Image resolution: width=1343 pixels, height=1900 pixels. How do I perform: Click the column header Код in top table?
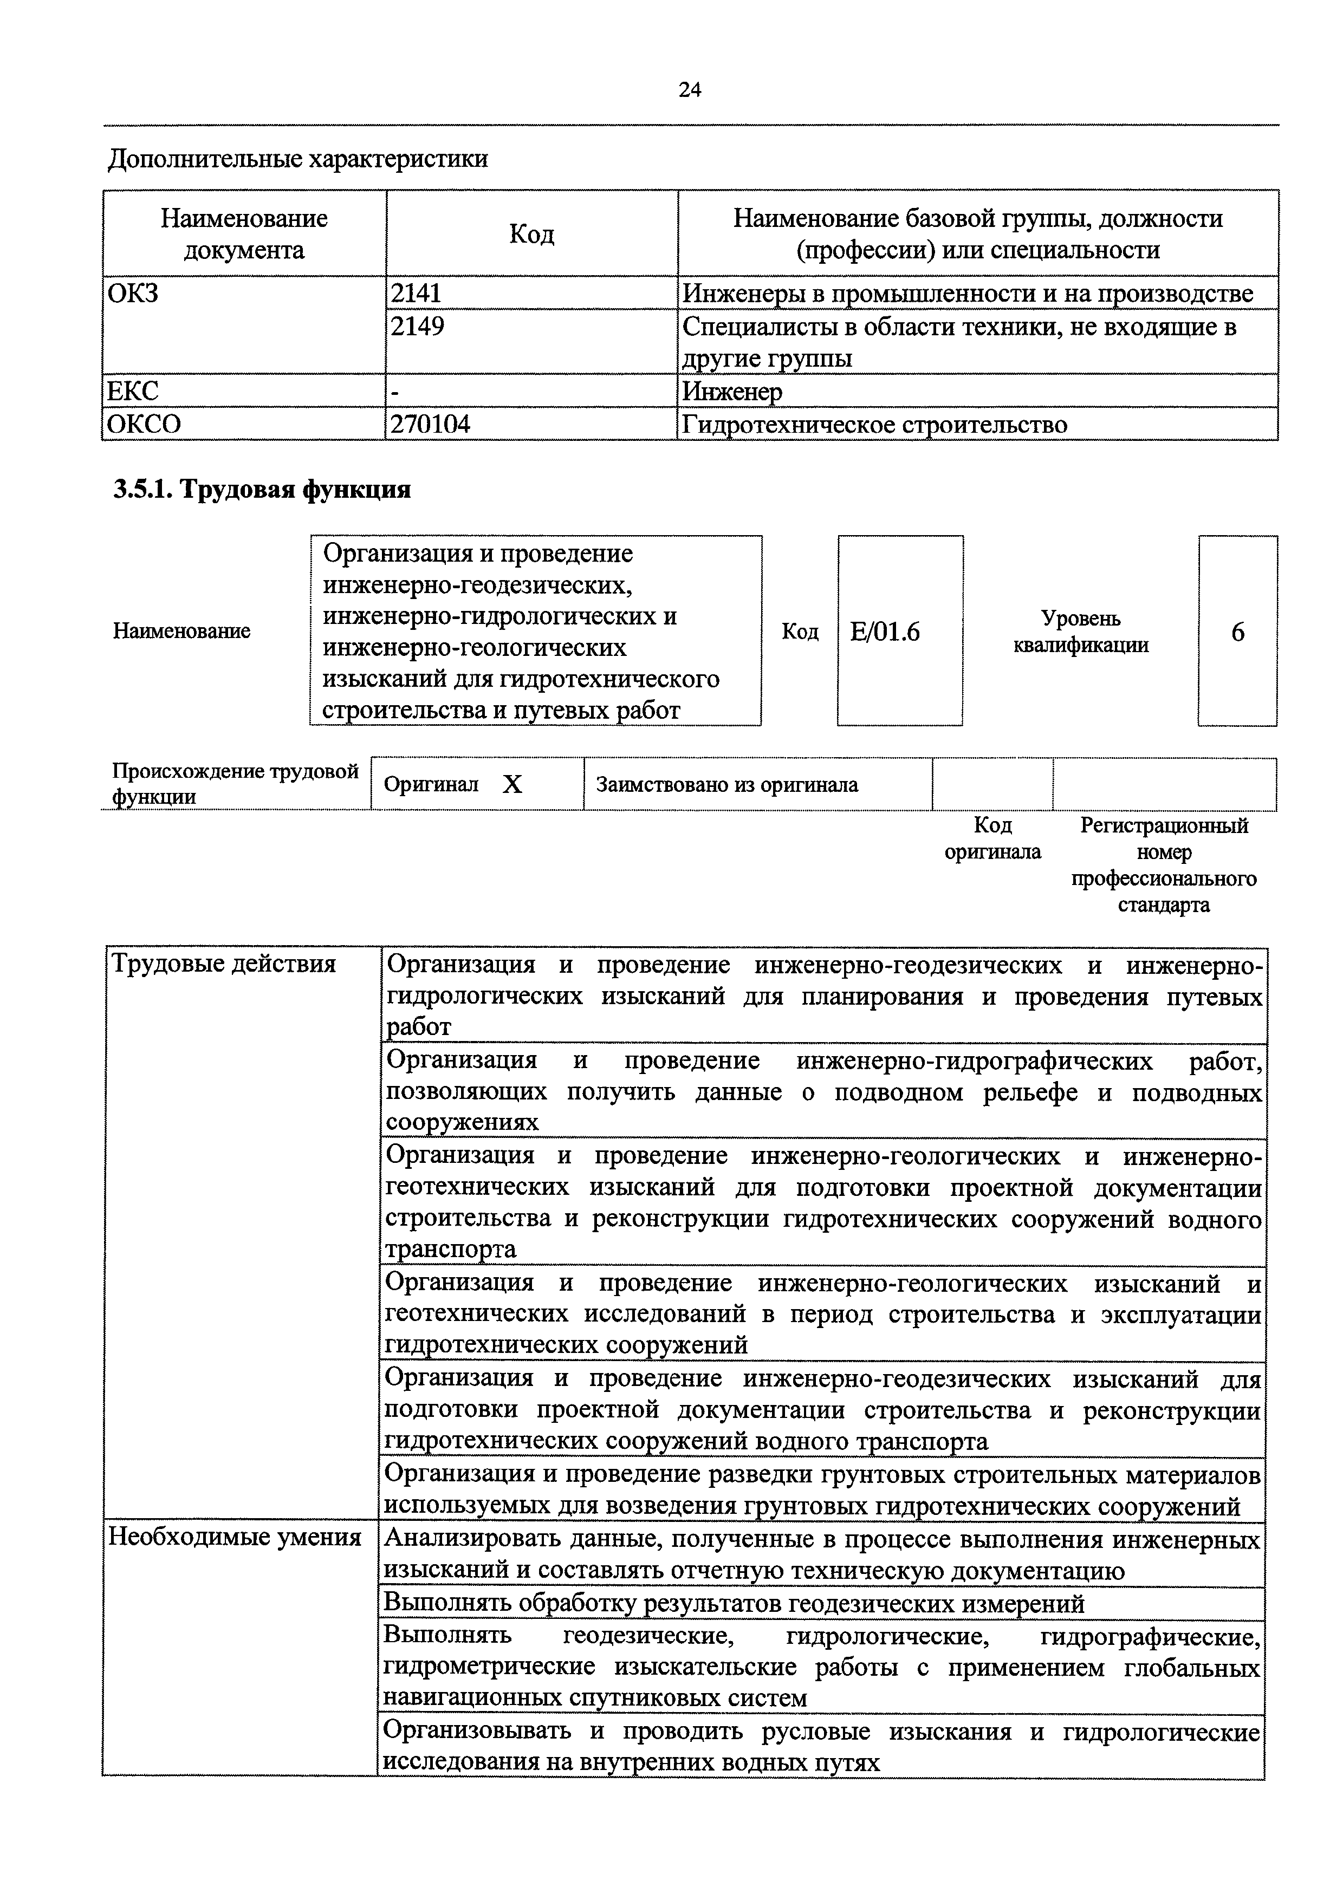pyautogui.click(x=531, y=234)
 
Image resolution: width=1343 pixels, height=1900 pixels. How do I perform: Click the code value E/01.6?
pyautogui.click(x=885, y=632)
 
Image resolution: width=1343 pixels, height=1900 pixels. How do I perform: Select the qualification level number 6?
pyautogui.click(x=1238, y=632)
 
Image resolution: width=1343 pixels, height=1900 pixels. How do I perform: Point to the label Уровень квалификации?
pyautogui.click(x=1081, y=632)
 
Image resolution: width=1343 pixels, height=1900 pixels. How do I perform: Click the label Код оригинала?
pyautogui.click(x=992, y=838)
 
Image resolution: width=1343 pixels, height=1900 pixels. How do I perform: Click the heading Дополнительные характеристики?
pyautogui.click(x=298, y=159)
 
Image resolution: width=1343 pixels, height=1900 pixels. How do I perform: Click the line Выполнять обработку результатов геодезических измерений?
pyautogui.click(x=734, y=1605)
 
